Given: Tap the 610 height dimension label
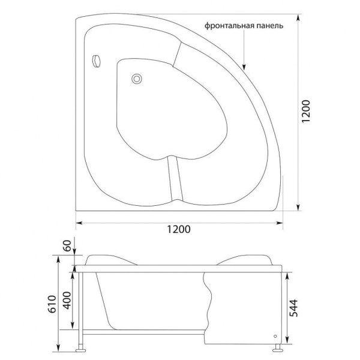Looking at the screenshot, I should [52, 306].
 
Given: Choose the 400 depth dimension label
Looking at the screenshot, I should [67, 300].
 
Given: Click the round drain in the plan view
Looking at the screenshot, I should [137, 78].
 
